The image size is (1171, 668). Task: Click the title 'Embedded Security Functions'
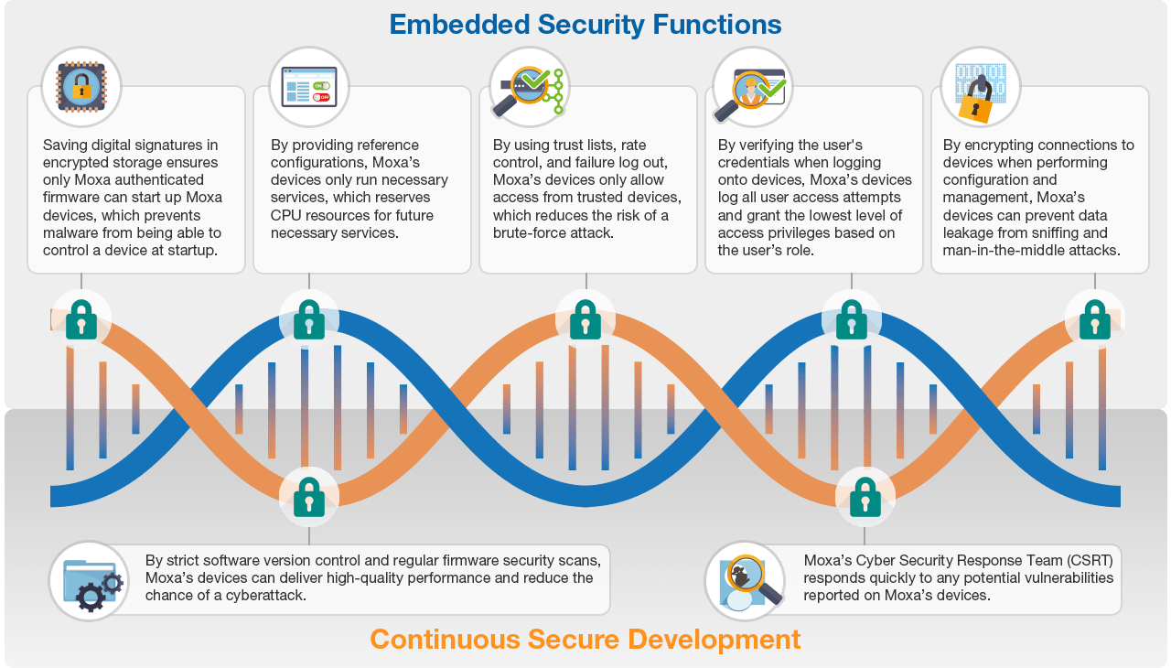585,25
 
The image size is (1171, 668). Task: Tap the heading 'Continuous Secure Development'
585,639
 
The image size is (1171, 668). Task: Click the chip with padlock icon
81,87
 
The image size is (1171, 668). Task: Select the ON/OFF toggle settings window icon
309,87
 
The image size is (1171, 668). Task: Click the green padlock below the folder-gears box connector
309,497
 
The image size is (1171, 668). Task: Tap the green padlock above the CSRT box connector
865,497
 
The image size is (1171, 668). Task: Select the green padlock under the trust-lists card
585,319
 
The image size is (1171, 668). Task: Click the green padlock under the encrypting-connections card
1095,319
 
